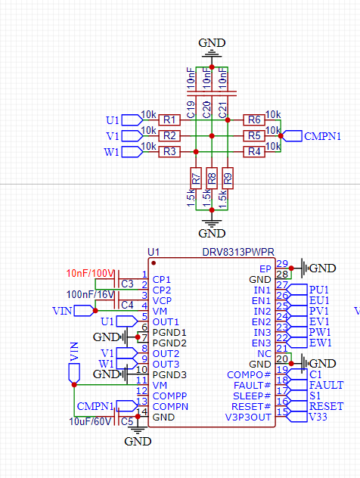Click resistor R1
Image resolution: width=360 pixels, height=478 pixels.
point(169,119)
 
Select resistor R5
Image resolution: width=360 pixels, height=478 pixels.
point(254,135)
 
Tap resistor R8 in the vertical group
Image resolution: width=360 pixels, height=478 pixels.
point(212,178)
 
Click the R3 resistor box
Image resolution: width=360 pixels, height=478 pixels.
point(169,151)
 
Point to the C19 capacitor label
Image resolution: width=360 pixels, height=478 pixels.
point(191,110)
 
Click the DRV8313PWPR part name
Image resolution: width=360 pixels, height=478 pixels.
point(238,253)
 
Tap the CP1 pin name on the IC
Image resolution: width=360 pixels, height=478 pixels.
point(161,280)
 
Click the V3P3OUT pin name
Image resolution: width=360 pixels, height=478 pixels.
point(248,417)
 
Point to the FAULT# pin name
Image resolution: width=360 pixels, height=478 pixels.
point(252,385)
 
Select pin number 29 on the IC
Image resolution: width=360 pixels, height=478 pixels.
point(282,264)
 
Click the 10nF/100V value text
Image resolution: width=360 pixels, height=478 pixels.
point(90,273)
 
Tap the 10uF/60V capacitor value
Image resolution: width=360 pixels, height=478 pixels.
point(90,421)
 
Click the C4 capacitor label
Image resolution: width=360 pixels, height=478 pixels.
point(127,305)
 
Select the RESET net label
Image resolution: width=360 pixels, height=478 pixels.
point(326,406)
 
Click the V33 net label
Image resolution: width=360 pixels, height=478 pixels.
point(318,417)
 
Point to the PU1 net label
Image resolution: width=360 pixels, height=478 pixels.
point(319,290)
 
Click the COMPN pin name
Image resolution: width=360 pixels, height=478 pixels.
point(170,407)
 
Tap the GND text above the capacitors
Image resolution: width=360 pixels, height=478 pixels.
point(212,43)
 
